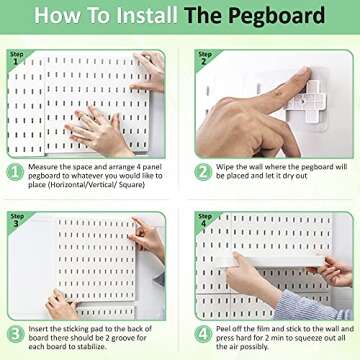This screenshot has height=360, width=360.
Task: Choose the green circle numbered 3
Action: point(17,333)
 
